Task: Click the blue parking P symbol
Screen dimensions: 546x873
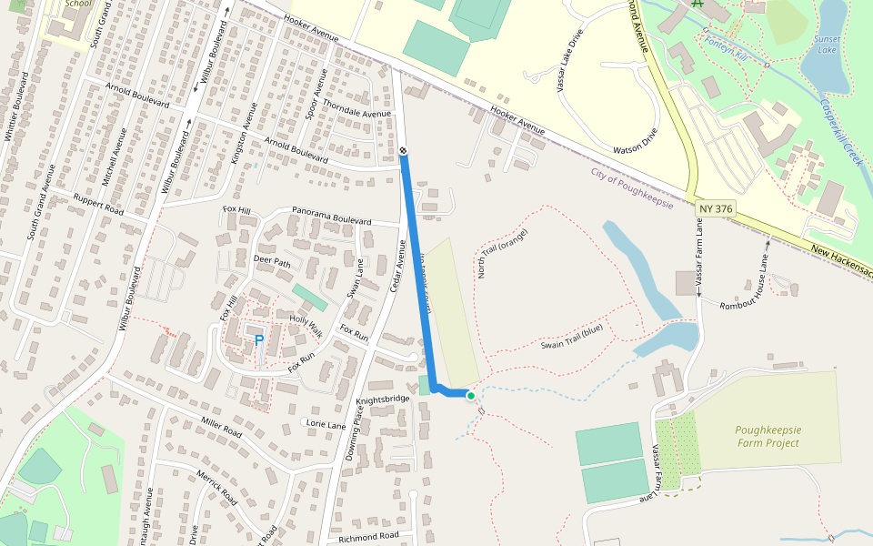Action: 258,340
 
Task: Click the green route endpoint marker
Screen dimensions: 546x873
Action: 471,395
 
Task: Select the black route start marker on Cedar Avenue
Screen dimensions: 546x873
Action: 403,150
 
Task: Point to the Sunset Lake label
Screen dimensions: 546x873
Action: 828,45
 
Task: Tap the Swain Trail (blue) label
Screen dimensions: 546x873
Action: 572,337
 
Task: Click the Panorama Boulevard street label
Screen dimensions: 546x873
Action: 331,217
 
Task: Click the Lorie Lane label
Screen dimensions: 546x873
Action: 327,424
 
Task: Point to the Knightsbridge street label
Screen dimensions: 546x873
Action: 383,399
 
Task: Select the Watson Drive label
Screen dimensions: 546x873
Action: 635,143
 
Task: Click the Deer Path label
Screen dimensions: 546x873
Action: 271,262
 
